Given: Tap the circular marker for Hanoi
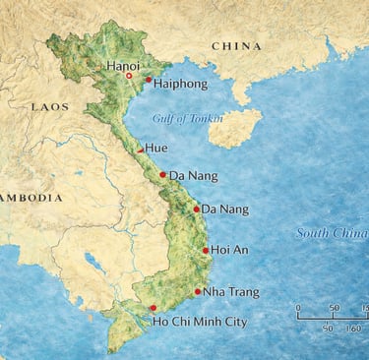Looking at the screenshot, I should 129,76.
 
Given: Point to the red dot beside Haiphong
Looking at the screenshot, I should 149,81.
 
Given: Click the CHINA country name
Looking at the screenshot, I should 236,46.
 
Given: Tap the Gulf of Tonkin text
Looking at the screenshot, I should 188,119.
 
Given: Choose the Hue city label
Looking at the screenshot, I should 155,149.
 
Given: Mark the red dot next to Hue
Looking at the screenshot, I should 139,150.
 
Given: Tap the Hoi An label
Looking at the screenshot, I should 229,251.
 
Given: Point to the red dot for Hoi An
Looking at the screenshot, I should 205,251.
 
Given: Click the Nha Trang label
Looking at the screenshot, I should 231,292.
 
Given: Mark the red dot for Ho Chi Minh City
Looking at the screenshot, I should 152,308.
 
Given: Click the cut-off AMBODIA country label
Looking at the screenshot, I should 30,196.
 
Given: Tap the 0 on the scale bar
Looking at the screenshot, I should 298,308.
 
